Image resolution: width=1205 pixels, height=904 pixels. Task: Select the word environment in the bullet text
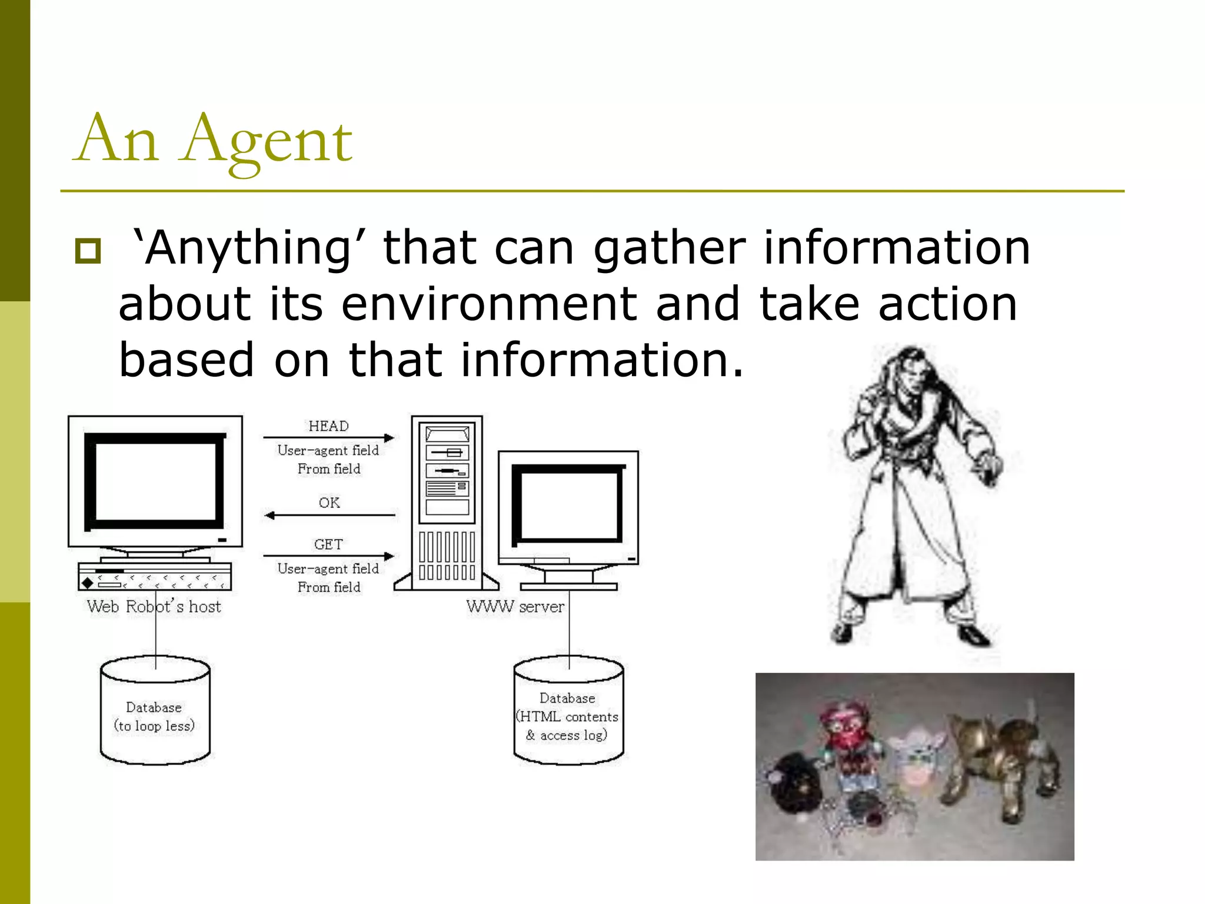point(489,304)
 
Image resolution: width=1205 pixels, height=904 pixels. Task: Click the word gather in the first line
point(670,248)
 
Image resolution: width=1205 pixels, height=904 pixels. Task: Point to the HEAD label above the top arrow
point(328,426)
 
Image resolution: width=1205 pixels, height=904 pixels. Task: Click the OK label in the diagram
point(329,503)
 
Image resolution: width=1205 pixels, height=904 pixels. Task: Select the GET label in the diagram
point(328,544)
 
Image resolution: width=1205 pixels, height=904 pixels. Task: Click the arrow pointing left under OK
point(329,516)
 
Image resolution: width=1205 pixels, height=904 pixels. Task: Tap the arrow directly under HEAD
point(328,438)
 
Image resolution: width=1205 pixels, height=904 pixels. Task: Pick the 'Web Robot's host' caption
point(154,607)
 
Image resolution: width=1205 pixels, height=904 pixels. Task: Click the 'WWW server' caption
point(515,607)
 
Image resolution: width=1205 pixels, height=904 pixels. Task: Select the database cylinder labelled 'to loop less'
point(155,712)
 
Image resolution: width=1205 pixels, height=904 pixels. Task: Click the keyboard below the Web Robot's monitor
point(155,576)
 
